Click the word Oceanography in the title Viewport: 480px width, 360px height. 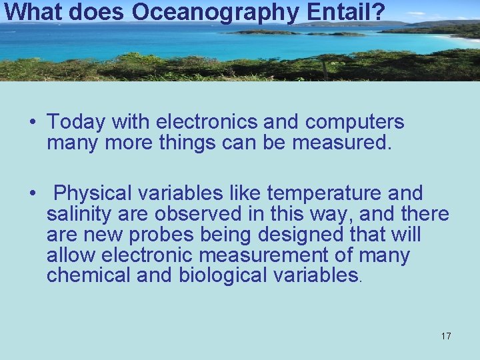coord(207,11)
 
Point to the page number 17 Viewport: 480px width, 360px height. coord(445,336)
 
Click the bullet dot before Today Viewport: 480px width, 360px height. coord(32,123)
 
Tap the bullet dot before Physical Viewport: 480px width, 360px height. coord(32,194)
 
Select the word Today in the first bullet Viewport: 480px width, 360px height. coord(76,122)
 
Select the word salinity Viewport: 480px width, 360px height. coord(77,214)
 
